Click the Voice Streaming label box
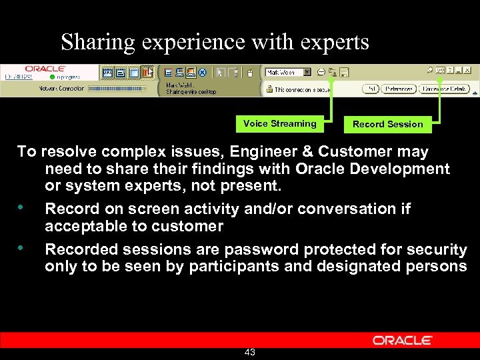279,123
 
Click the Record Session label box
387,124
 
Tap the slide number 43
250,352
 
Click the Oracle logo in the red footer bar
402,340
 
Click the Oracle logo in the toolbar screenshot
45,69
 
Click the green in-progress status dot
53,77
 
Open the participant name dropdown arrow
307,72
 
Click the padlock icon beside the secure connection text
269,89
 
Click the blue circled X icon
203,73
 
